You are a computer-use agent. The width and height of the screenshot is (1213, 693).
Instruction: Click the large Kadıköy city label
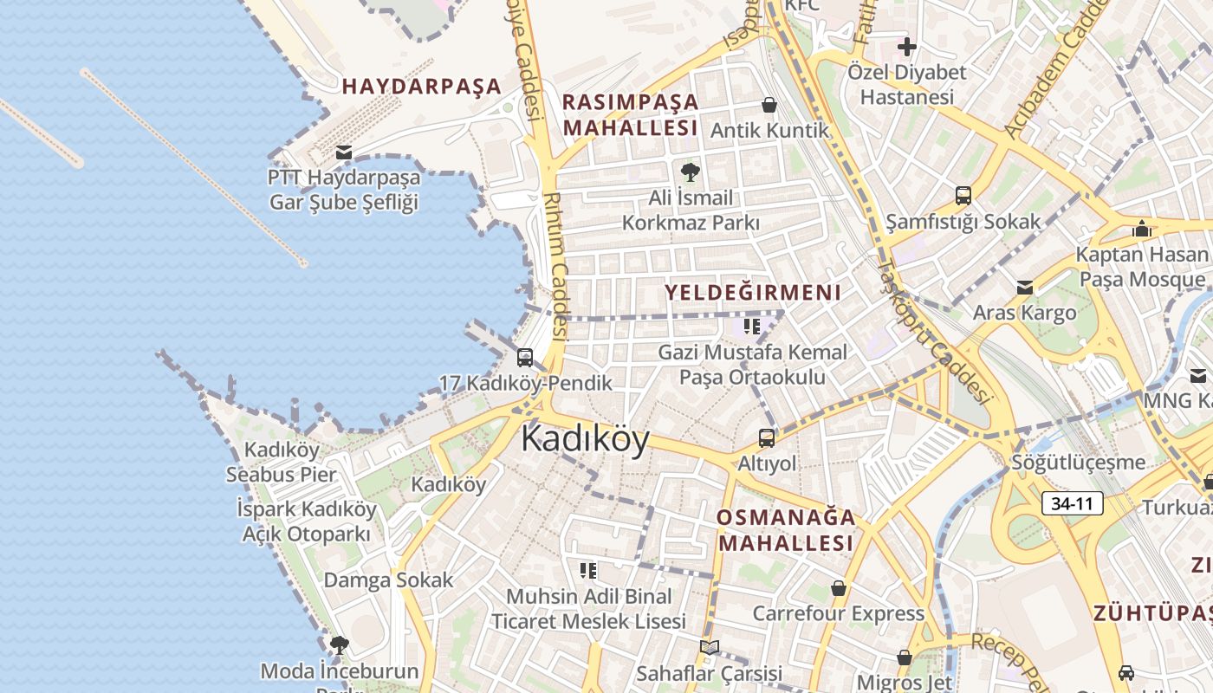coord(585,440)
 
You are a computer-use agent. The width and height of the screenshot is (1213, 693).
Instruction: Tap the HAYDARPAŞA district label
coord(421,87)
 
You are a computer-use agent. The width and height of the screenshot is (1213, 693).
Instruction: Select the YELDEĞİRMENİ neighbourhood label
coord(753,293)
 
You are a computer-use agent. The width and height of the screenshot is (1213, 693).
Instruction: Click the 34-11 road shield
coord(1073,503)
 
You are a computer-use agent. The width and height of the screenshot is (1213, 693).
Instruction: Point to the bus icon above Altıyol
coord(767,438)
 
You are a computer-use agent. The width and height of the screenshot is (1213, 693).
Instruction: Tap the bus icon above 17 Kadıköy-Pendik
coord(525,358)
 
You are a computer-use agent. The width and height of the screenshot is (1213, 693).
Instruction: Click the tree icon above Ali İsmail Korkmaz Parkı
coord(691,172)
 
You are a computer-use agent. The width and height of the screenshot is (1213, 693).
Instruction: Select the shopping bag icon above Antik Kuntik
coord(769,106)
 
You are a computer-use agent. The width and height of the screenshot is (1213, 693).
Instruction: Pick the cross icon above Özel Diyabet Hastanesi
coord(907,46)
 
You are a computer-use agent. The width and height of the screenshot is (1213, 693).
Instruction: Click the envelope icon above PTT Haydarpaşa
coord(344,153)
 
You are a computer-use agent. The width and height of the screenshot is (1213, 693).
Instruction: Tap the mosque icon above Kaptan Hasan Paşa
coord(1142,229)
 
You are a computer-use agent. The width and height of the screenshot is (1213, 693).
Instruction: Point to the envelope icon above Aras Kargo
coord(1025,287)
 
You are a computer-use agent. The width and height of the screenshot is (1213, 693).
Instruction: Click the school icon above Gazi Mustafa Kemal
coord(752,327)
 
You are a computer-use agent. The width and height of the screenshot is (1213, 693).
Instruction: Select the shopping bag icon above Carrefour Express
coord(838,588)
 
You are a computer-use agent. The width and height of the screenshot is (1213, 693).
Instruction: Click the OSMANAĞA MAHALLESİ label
coord(786,530)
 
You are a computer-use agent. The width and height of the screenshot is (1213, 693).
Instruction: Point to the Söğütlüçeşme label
coord(1079,463)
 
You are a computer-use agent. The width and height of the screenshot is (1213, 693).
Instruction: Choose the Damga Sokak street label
coord(388,580)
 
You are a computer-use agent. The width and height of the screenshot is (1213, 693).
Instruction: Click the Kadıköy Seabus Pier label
coord(281,462)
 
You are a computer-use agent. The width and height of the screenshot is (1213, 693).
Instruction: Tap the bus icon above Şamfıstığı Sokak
coord(963,196)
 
